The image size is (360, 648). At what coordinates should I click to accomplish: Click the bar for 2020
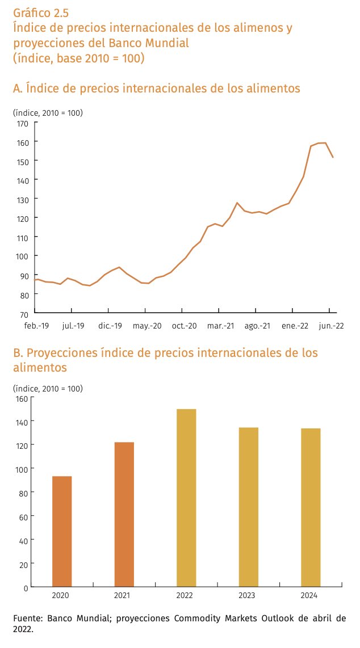[62, 531]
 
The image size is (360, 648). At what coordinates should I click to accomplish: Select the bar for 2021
[124, 514]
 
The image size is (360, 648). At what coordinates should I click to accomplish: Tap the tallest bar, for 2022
[186, 498]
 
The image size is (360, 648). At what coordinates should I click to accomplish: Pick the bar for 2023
[249, 507]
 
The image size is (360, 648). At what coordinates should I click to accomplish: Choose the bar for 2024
[311, 507]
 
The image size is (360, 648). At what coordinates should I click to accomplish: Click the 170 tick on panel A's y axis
[23, 123]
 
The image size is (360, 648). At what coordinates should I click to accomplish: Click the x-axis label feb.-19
[35, 326]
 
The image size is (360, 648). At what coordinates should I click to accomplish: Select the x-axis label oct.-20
[182, 326]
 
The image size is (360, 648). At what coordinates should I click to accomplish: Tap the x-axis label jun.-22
[330, 326]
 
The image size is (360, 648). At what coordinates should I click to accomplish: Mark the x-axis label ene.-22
[292, 326]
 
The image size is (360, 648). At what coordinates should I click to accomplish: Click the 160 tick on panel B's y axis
[21, 398]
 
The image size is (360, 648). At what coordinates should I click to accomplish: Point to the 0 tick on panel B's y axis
[25, 587]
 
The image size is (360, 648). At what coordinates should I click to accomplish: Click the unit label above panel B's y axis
[48, 389]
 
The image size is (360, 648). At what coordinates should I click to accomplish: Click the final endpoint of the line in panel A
[333, 157]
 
